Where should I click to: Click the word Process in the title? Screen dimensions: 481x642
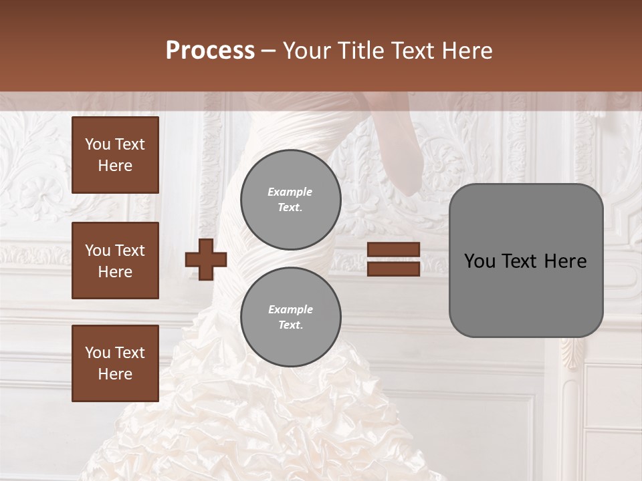coord(210,51)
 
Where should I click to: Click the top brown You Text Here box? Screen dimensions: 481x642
coord(115,155)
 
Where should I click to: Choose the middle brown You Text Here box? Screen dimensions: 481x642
coord(115,261)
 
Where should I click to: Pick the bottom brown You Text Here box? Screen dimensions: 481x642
coord(115,363)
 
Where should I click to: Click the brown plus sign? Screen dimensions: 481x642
coord(206,260)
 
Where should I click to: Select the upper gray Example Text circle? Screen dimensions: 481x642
coord(290,199)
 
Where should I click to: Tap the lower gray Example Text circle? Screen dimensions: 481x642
coord(290,317)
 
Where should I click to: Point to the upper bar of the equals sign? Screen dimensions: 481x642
coord(393,250)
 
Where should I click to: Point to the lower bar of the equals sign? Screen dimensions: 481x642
coord(393,269)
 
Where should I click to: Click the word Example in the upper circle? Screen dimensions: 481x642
coord(290,192)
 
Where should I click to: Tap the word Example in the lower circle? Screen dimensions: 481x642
coord(290,309)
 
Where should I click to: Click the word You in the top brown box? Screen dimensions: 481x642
coord(98,144)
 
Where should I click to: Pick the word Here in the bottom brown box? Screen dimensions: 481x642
coord(115,374)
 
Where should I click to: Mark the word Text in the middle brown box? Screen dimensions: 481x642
coord(130,251)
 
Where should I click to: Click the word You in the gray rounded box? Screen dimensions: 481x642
coord(479,261)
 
